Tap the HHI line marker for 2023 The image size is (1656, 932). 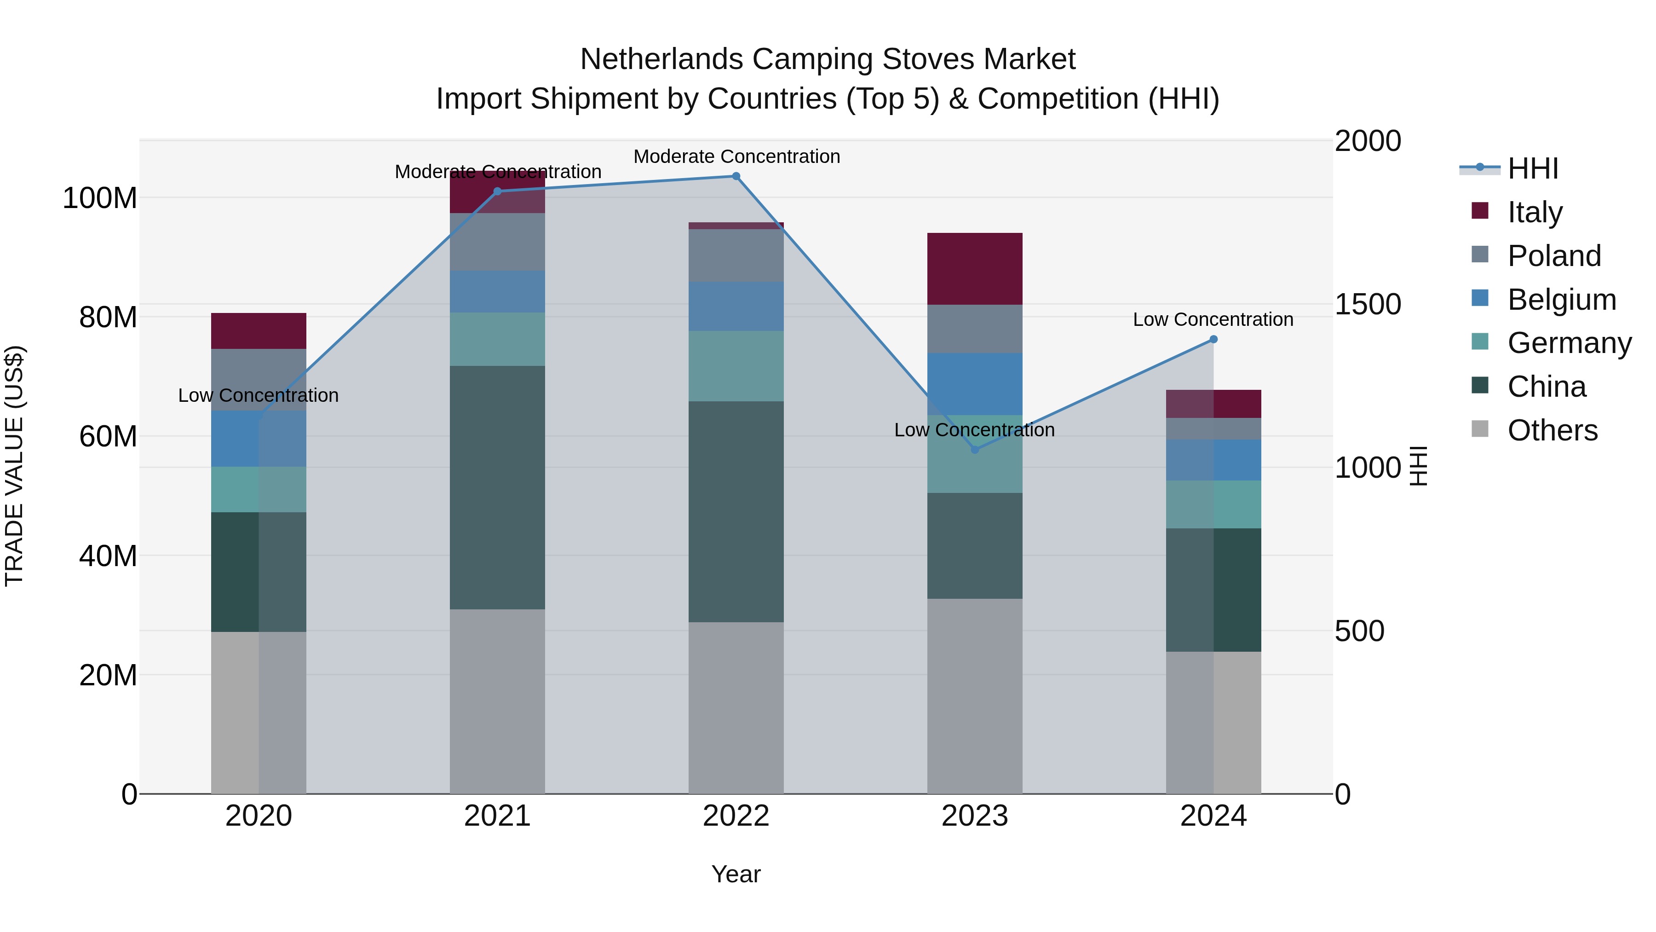(975, 450)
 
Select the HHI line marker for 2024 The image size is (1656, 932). (1213, 340)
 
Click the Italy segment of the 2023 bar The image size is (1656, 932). (975, 269)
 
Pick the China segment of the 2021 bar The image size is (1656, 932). (497, 487)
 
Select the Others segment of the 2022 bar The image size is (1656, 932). (736, 707)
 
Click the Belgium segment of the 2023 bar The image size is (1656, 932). (975, 383)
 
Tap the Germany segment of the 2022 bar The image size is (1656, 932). (736, 366)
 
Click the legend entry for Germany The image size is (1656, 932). (1569, 343)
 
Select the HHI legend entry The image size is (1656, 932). (1532, 168)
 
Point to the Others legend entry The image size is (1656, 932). (1552, 430)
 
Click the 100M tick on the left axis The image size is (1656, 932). (100, 198)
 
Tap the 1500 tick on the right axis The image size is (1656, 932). (1368, 304)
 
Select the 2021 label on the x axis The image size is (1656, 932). (497, 816)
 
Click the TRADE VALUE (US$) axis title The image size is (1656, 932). (14, 466)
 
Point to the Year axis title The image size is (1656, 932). (736, 874)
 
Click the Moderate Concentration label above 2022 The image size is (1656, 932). (737, 156)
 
